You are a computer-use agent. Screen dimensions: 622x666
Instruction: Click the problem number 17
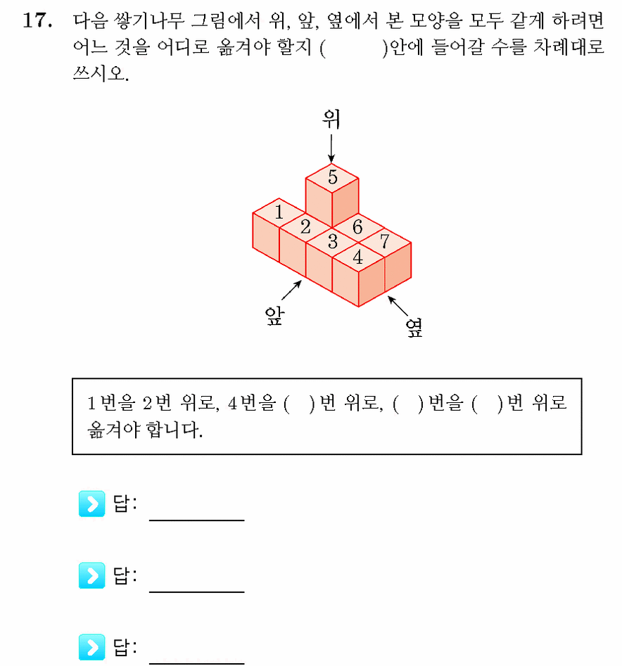point(37,20)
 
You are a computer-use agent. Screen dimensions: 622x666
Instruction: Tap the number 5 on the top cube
point(332,177)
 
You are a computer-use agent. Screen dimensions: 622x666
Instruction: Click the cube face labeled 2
point(305,227)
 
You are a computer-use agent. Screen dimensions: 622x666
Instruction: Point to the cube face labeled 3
point(332,243)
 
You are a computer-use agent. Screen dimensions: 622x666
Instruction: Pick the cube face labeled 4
point(359,257)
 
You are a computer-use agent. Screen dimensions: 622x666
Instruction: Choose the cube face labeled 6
point(358,228)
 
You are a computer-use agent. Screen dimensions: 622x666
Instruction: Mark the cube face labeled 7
point(384,243)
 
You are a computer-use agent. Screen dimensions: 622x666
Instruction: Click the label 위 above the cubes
point(331,119)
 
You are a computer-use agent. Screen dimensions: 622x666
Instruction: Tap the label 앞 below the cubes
point(274,316)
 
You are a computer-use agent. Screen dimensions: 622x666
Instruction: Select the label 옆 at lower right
point(414,328)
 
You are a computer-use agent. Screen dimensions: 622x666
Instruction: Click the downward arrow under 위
point(331,148)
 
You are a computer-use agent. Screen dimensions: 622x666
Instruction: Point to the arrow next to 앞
point(292,290)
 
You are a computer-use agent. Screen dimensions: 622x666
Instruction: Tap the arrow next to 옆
point(398,306)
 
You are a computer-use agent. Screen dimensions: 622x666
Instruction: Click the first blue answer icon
point(91,504)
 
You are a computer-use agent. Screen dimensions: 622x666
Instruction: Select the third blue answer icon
point(91,647)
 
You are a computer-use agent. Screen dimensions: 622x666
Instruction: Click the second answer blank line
point(197,591)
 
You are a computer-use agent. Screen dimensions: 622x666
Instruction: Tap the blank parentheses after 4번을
point(300,404)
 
